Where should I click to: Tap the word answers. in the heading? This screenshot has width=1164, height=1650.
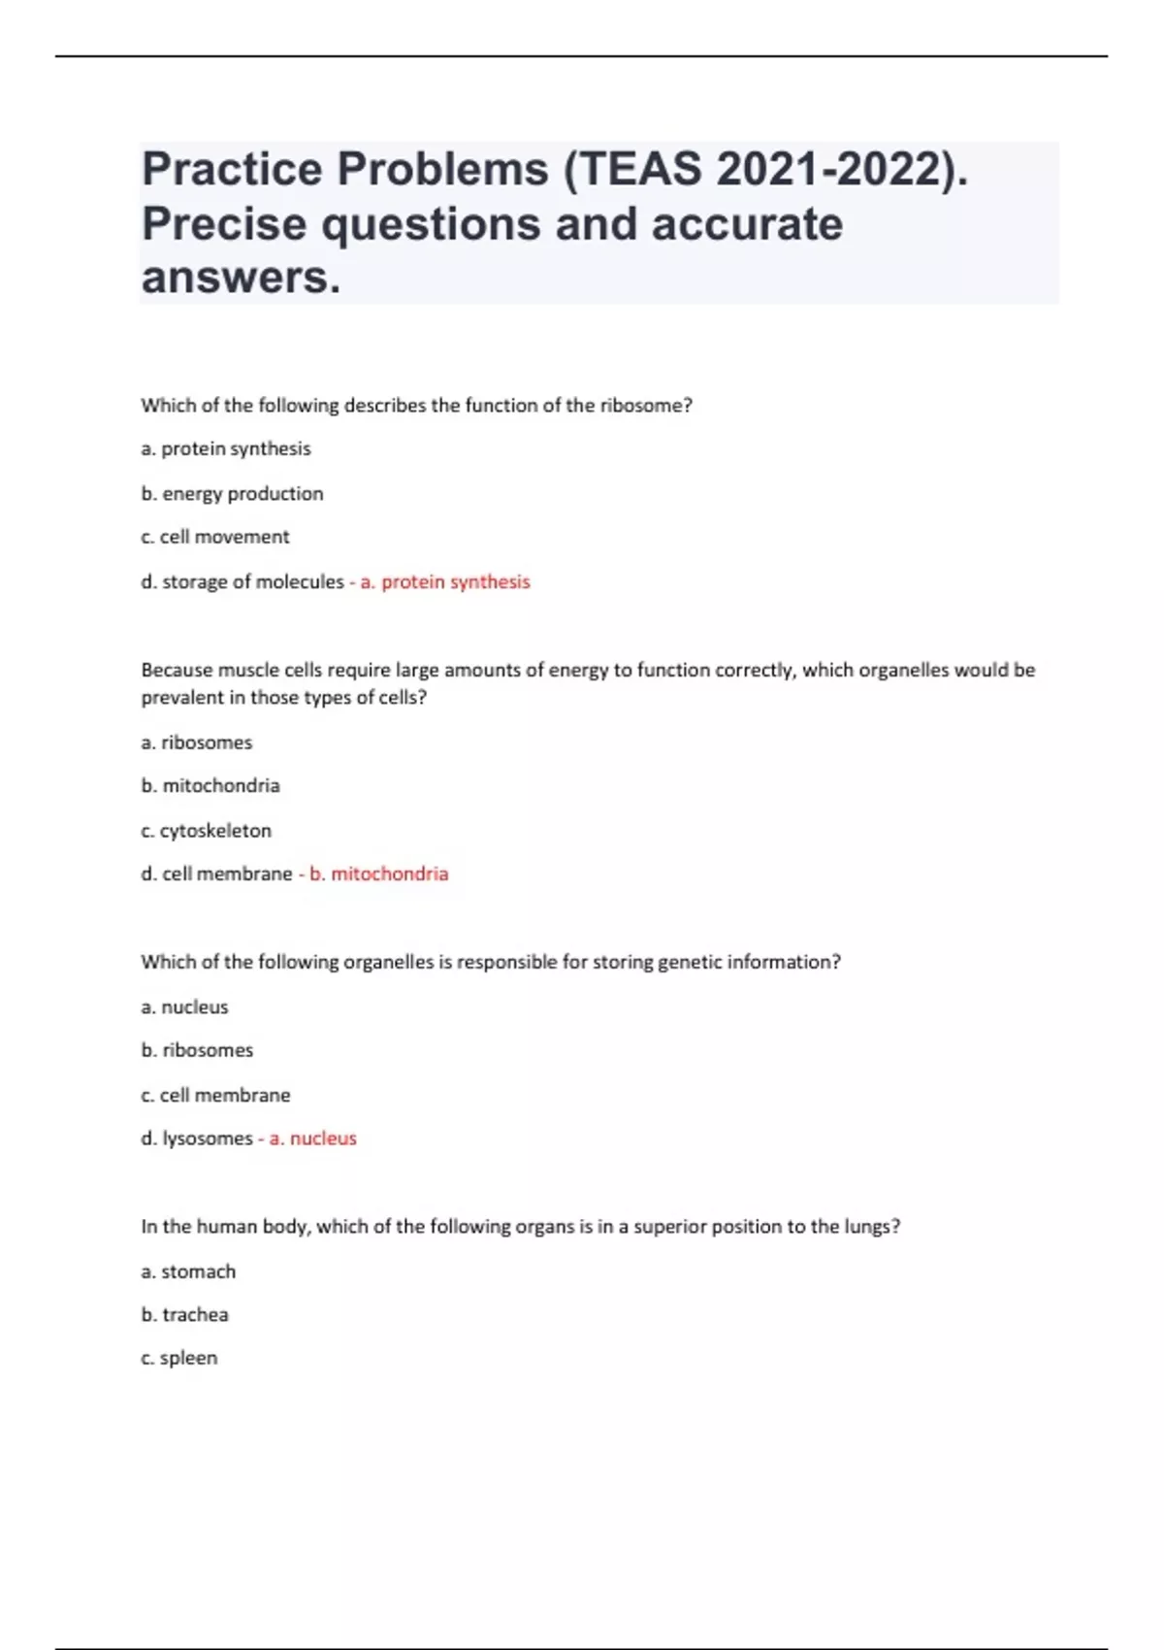point(242,278)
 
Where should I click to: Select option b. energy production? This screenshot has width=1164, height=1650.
point(232,493)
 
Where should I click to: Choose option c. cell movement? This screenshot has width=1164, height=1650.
point(214,537)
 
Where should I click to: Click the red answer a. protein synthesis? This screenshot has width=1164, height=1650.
point(445,581)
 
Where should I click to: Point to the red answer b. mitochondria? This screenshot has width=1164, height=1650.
point(379,874)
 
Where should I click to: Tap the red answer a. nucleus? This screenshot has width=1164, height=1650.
point(313,1138)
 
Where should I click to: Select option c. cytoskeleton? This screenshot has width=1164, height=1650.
point(206,830)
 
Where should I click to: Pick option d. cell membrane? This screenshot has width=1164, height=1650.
point(216,874)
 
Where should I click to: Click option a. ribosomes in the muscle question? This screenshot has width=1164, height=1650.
point(196,742)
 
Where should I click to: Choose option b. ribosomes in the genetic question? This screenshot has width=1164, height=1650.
point(197,1050)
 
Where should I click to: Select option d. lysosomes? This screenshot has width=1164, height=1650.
point(197,1138)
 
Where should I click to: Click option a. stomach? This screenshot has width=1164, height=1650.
point(188,1271)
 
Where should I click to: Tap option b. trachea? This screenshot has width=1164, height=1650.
point(184,1314)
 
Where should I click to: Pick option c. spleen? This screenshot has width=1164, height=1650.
point(178,1358)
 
